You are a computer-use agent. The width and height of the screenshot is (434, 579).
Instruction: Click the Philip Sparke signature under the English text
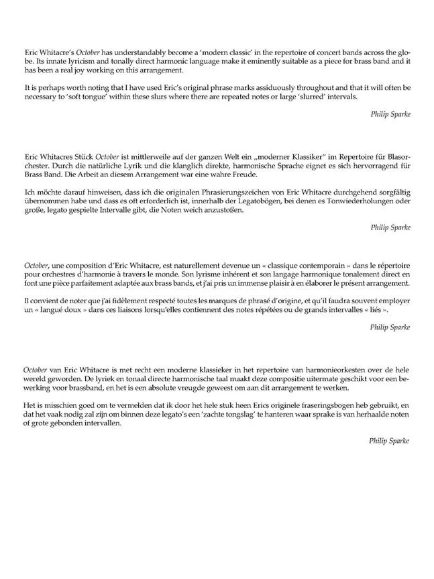390,115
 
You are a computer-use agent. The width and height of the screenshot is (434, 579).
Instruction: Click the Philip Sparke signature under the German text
390,227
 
